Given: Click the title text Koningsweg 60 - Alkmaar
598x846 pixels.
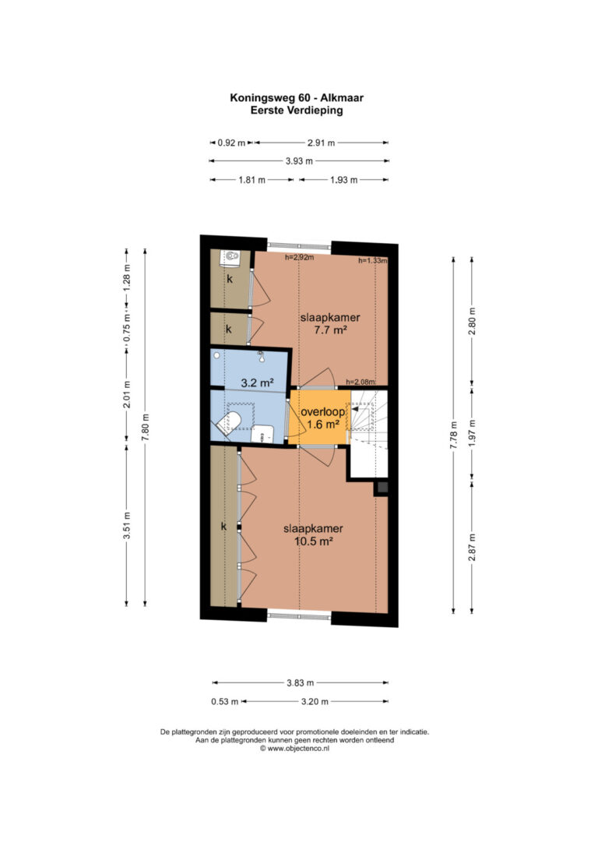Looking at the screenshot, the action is (x=297, y=97).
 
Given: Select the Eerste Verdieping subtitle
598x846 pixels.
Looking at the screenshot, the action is (x=297, y=110).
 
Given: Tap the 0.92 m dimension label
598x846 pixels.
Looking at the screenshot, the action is (x=231, y=143).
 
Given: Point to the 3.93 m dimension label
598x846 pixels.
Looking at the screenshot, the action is (x=299, y=160).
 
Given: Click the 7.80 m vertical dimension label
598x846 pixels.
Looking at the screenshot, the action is (x=145, y=427).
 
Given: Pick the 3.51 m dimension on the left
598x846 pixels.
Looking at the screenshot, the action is (x=127, y=525).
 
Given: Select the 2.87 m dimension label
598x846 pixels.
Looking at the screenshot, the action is (x=472, y=547).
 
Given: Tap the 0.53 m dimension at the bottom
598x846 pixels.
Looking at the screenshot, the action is (x=225, y=702).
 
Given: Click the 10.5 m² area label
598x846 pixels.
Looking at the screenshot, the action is (x=313, y=541).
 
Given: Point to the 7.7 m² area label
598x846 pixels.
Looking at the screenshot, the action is (x=330, y=330).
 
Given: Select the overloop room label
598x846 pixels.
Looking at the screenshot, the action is (x=322, y=411).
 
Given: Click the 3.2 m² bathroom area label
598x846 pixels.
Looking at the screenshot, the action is (x=257, y=383).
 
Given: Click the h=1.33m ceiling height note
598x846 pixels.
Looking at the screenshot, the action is (x=373, y=261).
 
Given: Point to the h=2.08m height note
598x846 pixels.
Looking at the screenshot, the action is (x=361, y=382).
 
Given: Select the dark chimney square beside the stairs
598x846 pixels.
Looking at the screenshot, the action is (x=382, y=488).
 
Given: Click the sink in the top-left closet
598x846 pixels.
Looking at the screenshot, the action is (x=230, y=258).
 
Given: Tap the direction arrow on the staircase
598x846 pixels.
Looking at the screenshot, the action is (x=357, y=410).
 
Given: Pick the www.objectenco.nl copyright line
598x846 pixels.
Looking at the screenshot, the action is (x=294, y=749).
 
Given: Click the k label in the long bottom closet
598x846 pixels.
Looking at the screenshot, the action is (x=223, y=527).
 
